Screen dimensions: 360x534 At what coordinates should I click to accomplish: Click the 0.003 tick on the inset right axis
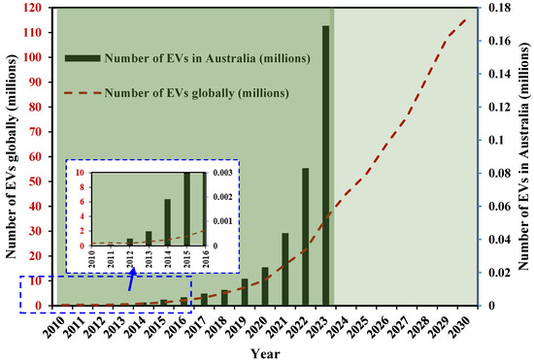tap(219, 173)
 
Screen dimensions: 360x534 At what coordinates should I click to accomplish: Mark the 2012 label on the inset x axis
tap(130, 257)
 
